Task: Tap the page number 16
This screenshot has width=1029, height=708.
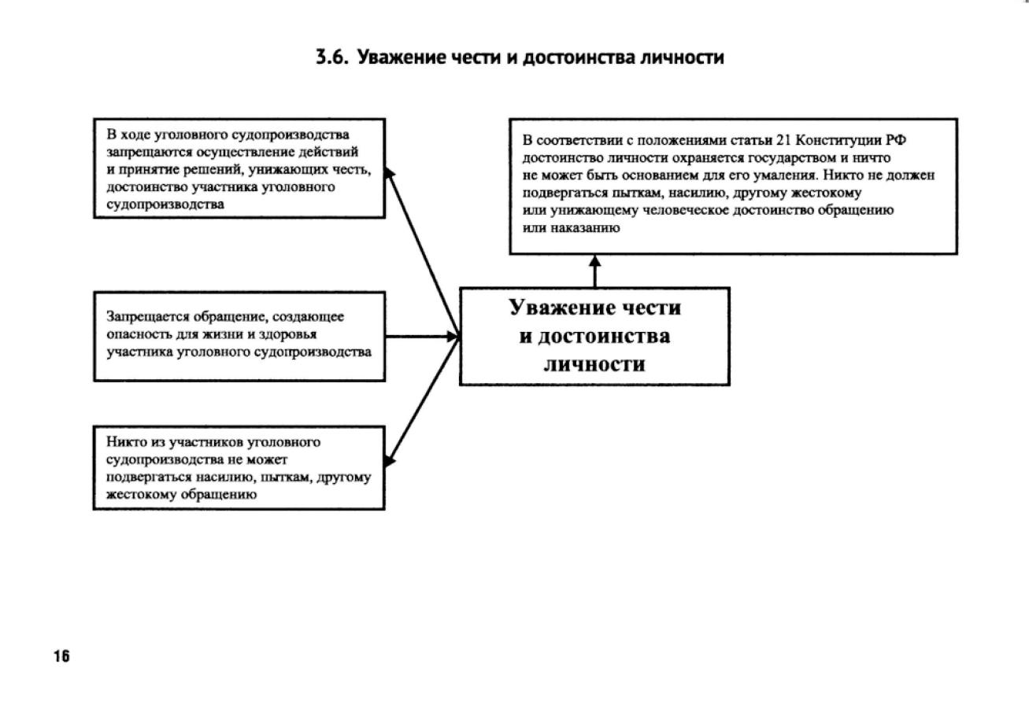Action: coord(61,657)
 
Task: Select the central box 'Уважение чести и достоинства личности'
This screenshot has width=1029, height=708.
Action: coord(594,336)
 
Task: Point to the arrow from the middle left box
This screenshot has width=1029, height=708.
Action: coord(421,336)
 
